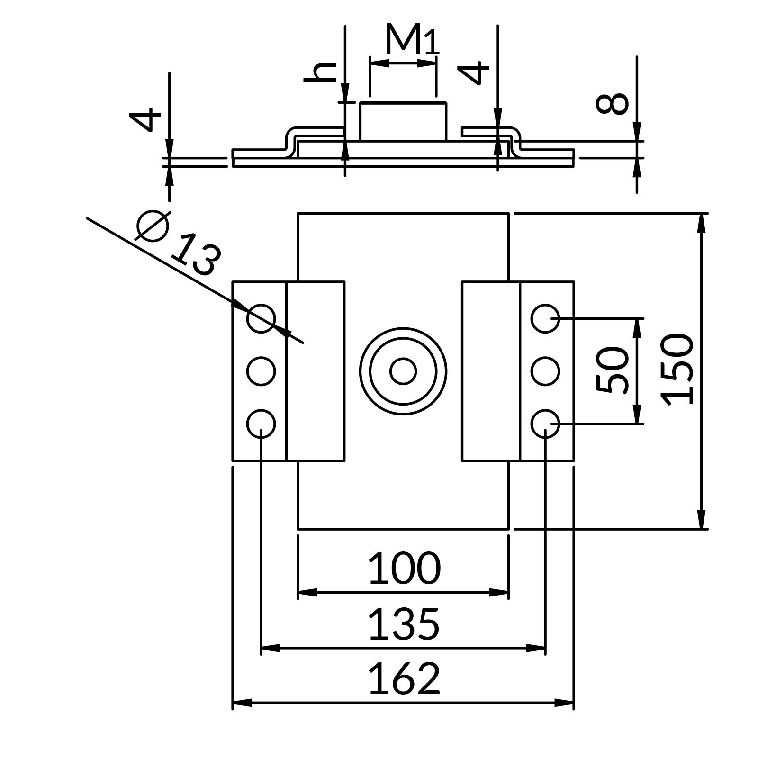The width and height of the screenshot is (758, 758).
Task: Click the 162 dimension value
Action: click(404, 678)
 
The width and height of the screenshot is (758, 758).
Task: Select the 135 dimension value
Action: click(404, 624)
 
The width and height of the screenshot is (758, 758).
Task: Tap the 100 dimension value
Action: click(404, 568)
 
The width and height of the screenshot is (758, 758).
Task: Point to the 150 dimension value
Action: click(678, 370)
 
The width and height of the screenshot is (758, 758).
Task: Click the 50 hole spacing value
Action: click(613, 370)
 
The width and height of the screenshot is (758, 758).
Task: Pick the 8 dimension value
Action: click(613, 104)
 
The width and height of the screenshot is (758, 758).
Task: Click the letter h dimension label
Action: click(320, 72)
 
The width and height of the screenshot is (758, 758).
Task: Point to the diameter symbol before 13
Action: click(153, 225)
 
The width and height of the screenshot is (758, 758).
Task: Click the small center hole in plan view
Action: click(403, 371)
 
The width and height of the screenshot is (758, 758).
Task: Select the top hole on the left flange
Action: click(261, 318)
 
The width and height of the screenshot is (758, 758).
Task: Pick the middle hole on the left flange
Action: click(261, 371)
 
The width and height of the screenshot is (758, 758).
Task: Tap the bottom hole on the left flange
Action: click(261, 424)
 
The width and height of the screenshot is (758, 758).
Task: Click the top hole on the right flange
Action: click(545, 318)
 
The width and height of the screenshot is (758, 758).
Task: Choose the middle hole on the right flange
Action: click(545, 371)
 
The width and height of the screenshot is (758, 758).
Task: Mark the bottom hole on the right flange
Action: click(545, 424)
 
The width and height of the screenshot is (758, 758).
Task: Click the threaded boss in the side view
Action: click(403, 122)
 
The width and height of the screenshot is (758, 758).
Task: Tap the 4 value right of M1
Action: click(473, 72)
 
